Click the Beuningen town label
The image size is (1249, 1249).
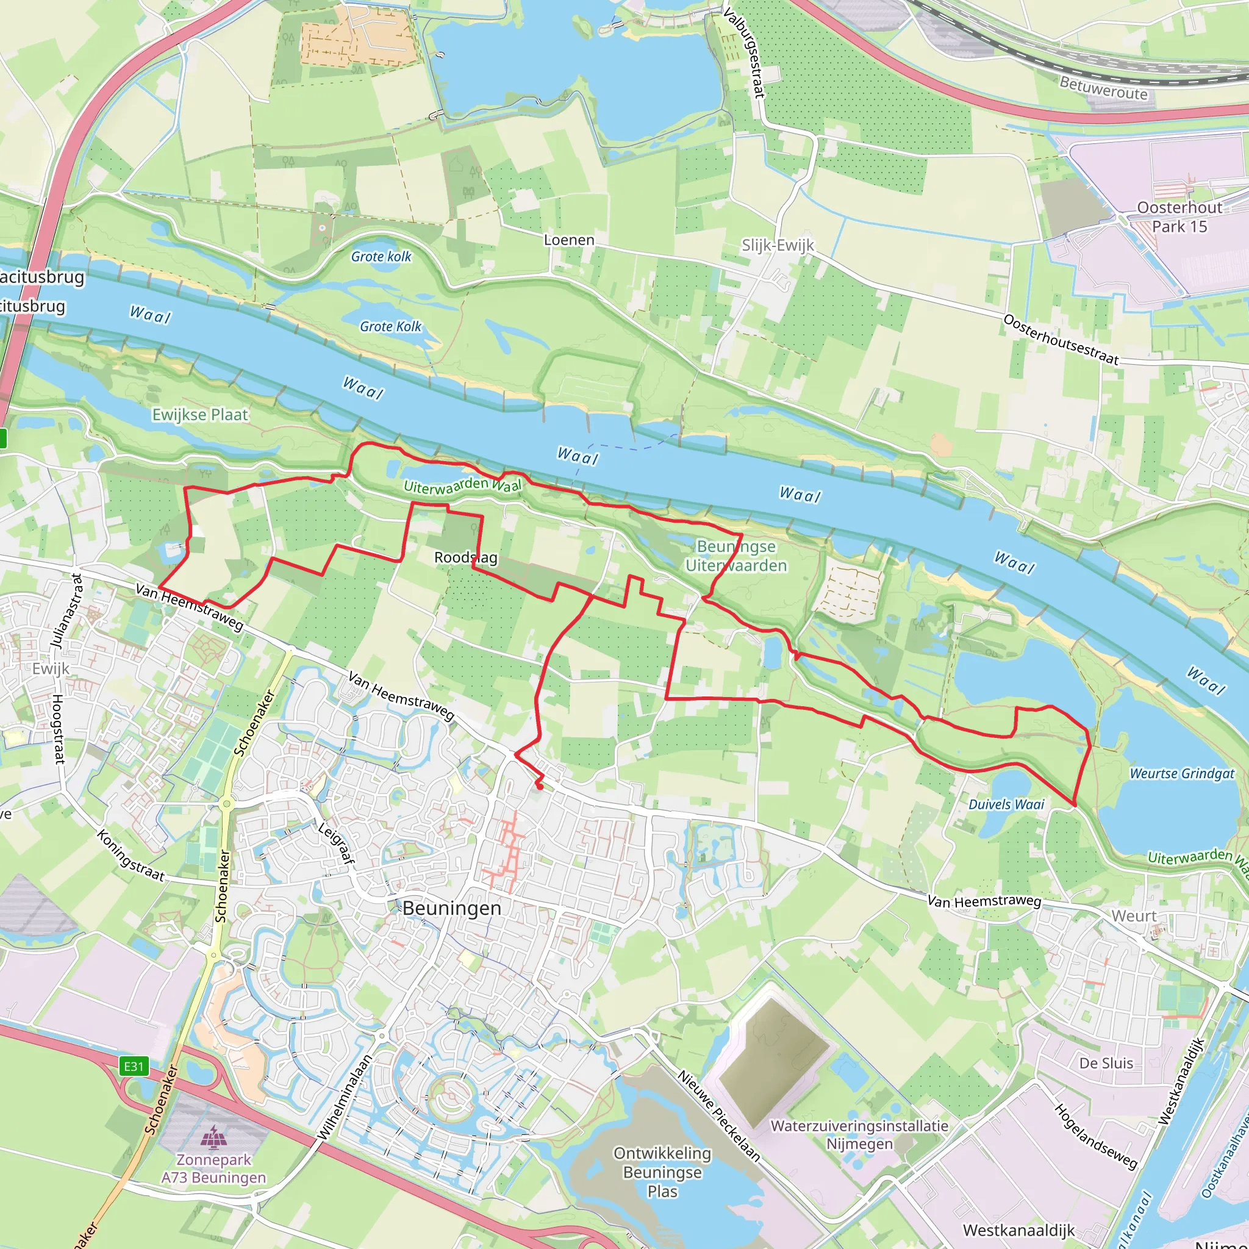452,908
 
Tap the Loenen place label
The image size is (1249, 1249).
569,240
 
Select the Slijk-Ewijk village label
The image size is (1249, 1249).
778,245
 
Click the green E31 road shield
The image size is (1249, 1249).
134,1066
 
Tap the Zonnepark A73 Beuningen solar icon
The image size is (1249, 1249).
213,1135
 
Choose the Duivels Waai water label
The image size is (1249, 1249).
1006,804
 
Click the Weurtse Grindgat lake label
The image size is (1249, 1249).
1182,773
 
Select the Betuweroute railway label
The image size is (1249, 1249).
1103,87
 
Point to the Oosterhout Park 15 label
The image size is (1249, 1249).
1180,217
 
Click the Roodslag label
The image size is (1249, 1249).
465,557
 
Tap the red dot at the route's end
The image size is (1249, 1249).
539,786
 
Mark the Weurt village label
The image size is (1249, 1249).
1134,916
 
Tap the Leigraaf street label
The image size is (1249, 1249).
336,843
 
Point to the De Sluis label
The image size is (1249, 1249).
1106,1063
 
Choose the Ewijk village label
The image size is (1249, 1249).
51,668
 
